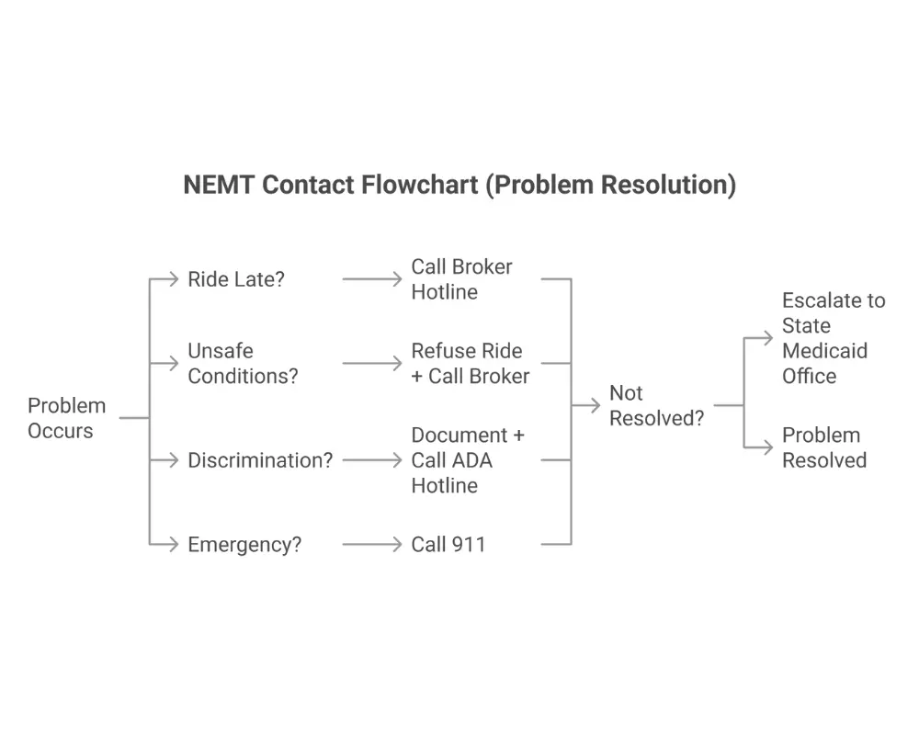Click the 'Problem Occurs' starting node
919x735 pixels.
pos(66,418)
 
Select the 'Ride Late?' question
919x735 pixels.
pos(236,279)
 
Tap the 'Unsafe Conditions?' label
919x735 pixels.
pos(243,364)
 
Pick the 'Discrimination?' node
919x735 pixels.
pos(260,460)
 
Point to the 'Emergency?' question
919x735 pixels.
pos(244,545)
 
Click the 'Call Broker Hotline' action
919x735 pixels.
pos(461,279)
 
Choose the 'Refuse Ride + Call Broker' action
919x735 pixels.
pos(470,364)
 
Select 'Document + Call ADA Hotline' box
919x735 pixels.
pos(467,460)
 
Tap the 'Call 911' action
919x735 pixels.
pos(448,545)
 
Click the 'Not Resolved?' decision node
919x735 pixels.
pos(656,405)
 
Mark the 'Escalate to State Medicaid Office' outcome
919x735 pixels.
pos(833,338)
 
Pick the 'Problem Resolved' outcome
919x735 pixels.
pos(823,447)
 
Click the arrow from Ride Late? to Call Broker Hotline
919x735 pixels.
pos(372,279)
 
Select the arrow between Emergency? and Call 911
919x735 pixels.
pos(372,545)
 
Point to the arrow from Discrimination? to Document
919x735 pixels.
pos(372,460)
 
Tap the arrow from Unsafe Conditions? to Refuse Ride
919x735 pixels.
pos(372,364)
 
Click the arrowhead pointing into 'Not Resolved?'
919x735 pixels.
pos(595,405)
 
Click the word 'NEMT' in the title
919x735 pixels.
pos(219,185)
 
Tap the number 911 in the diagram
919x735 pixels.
pos(468,545)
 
